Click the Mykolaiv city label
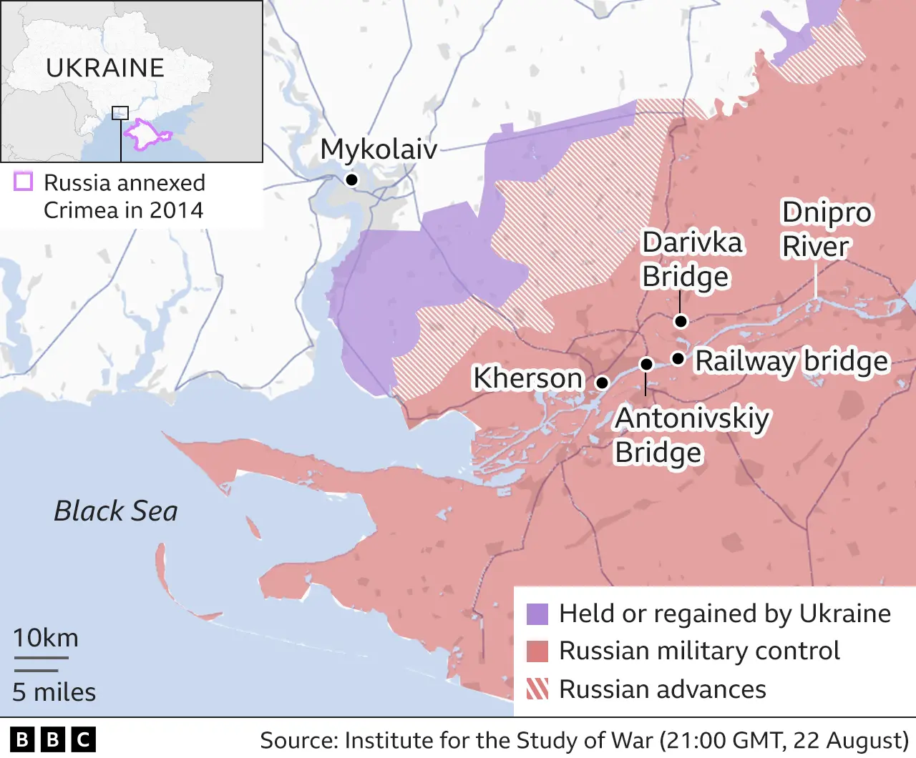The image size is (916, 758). pos(379,149)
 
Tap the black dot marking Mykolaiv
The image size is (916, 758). pos(351,179)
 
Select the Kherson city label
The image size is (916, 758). pos(527,378)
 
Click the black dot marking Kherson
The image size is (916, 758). pos(603,383)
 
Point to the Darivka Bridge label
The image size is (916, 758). pos(691,260)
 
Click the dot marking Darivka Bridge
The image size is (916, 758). pos(681,321)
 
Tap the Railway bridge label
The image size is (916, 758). pos(791,361)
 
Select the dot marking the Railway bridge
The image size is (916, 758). pos(678,358)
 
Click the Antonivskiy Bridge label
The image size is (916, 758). pos(691,435)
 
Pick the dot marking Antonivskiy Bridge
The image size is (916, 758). pos(646,364)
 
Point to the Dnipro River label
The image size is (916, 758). pos(826,230)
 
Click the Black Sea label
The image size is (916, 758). pos(116,511)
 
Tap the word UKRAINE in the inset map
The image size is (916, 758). pos(105,68)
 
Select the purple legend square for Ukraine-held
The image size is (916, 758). pos(537,614)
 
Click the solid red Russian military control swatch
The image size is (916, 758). pos(537,651)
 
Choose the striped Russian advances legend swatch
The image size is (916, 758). pos(537,689)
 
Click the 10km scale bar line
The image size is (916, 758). pos(41,658)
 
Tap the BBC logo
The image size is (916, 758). pos(53,739)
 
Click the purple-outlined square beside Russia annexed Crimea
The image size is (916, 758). pos(24,182)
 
